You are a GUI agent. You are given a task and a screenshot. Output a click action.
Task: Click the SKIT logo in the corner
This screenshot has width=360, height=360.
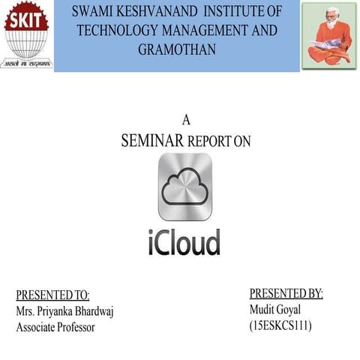click(28, 35)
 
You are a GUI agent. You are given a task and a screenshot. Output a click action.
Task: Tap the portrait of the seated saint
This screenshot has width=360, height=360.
click(328, 35)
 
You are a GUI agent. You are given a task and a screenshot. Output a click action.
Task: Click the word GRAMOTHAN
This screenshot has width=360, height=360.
click(177, 49)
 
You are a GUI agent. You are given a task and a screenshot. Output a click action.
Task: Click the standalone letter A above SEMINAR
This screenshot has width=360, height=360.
click(187, 120)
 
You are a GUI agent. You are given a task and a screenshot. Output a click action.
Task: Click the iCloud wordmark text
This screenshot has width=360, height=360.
click(184, 243)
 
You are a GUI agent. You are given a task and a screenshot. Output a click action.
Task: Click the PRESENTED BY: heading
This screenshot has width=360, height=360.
click(286, 293)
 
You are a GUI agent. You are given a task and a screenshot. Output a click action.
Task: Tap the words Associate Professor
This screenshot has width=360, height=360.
click(55, 327)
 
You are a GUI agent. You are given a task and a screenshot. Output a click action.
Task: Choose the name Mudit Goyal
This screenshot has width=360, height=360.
click(274, 309)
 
